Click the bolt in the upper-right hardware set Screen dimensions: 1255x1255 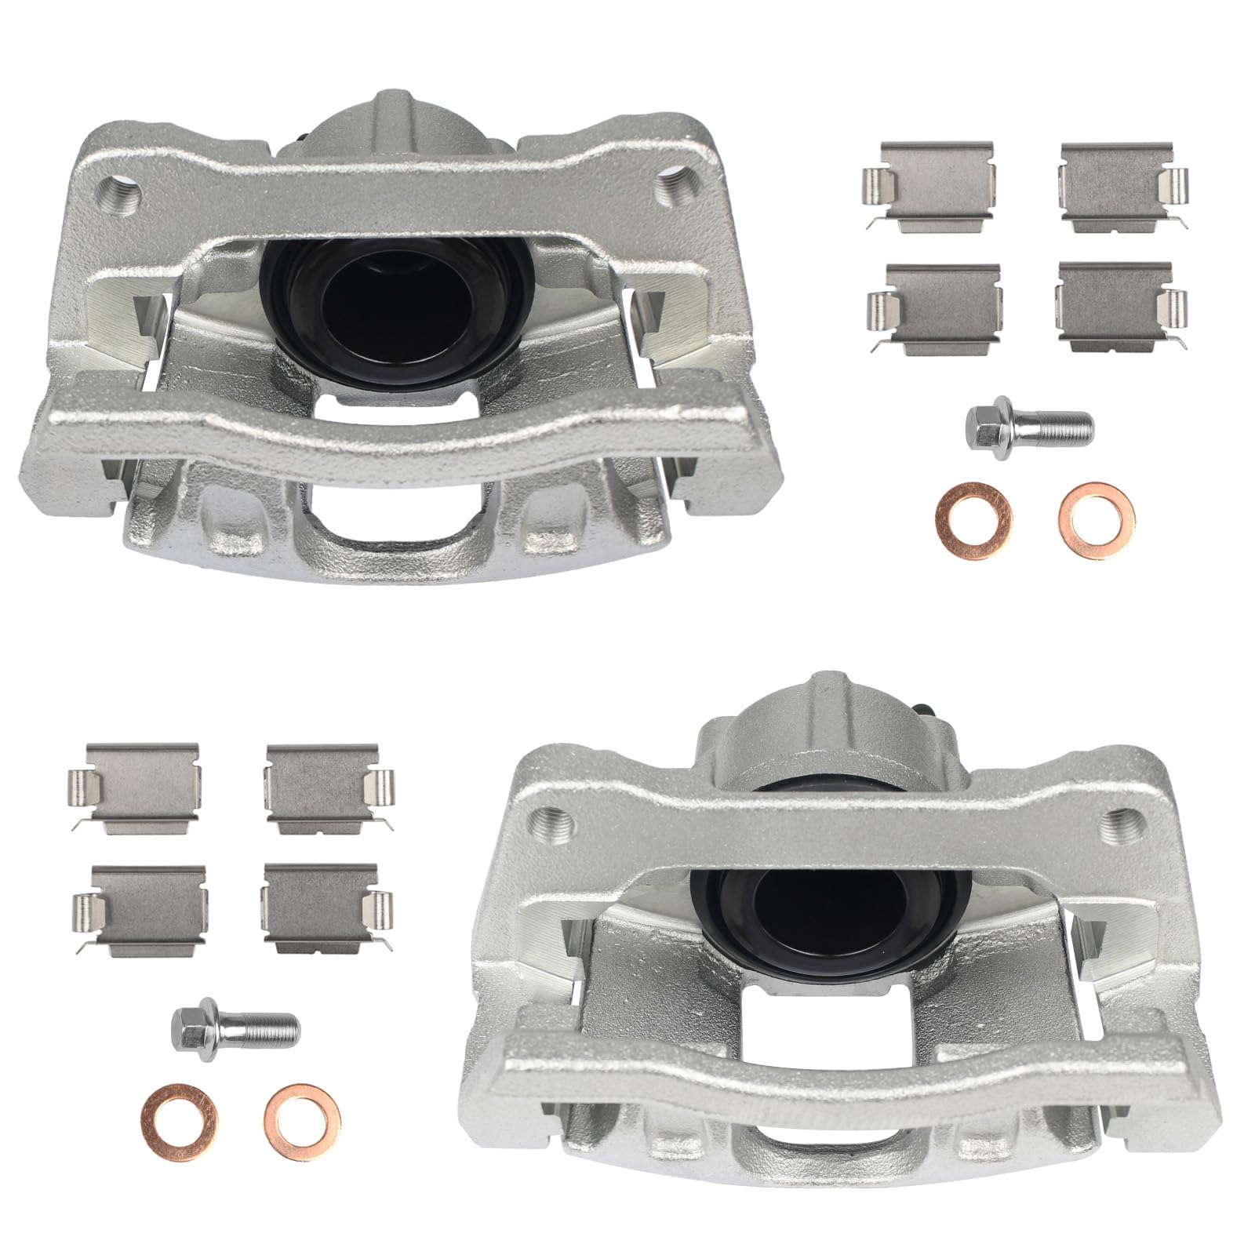1028,426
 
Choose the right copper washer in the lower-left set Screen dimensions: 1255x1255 303,1114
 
